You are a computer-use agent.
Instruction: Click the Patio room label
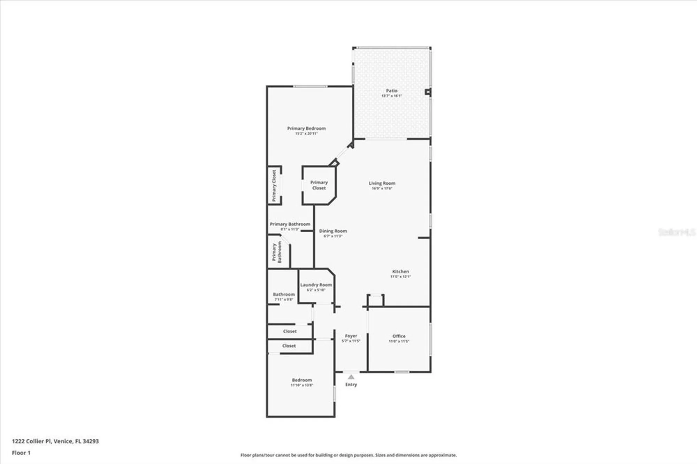coord(391,91)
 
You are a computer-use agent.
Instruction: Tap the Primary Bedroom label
coord(306,128)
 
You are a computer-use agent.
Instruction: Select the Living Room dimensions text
coord(382,188)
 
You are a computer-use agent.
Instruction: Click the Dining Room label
coord(333,231)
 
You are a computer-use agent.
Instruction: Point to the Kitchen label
coord(400,271)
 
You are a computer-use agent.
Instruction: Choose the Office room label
coord(399,336)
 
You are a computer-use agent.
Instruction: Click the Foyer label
coord(351,336)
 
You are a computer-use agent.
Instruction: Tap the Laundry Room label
coord(316,285)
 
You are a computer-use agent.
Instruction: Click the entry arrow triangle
coord(351,377)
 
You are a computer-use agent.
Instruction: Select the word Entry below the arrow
coord(351,385)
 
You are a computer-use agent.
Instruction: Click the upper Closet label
coord(290,331)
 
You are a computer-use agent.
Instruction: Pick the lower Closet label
coord(289,346)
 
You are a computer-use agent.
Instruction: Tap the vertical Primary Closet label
coord(274,186)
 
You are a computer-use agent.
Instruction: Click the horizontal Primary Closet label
coord(319,185)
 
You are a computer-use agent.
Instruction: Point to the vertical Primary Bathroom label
coord(277,252)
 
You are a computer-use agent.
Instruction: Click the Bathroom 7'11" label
coord(284,294)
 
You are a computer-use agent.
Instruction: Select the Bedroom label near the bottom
coord(302,380)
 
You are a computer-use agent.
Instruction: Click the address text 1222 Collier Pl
coord(55,441)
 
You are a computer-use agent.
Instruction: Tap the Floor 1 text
coord(21,453)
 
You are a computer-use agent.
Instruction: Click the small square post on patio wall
coord(428,92)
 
